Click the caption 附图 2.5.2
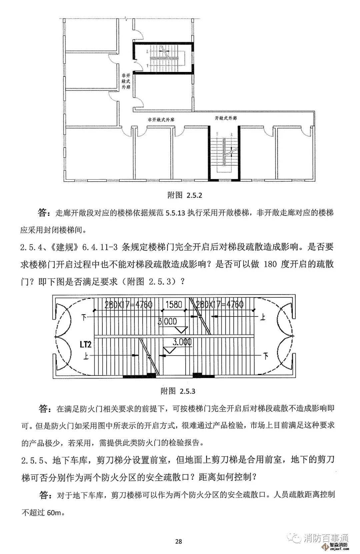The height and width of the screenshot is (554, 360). [x=184, y=195]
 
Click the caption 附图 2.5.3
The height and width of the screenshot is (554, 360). [x=178, y=391]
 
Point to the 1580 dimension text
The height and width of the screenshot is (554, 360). [x=174, y=304]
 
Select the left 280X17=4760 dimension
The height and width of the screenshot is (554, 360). [x=128, y=304]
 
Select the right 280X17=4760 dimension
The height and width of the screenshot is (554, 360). [x=220, y=304]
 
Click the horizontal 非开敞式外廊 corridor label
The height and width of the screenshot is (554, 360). [x=162, y=119]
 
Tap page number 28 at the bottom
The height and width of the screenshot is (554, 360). [x=178, y=541]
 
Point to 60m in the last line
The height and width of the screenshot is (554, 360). [x=54, y=513]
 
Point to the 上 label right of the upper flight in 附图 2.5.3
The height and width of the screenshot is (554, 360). [x=263, y=317]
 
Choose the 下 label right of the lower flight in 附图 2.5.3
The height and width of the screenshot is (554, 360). [x=266, y=356]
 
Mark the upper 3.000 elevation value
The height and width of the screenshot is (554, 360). [x=167, y=321]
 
